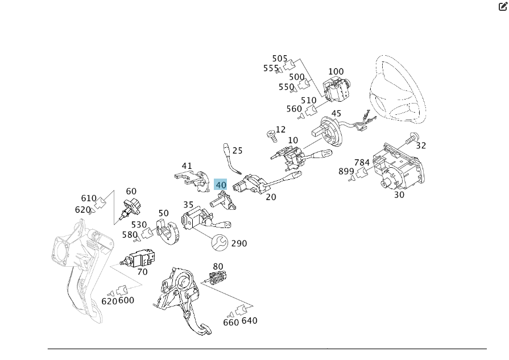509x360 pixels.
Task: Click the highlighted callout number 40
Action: [x=221, y=185]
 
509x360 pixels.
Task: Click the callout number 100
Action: [x=336, y=72]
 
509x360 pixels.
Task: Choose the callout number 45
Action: [x=336, y=114]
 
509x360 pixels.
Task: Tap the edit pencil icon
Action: [x=503, y=7]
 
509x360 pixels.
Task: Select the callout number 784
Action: [x=362, y=163]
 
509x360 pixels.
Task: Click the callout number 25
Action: [x=237, y=151]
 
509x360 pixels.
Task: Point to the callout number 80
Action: [x=218, y=266]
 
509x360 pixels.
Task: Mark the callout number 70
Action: [x=142, y=272]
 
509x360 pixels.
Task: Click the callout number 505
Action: [x=280, y=59]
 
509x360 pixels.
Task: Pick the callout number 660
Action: [x=231, y=322]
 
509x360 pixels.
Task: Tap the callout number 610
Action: [x=89, y=198]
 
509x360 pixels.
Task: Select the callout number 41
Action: [x=187, y=166]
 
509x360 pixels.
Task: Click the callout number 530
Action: [x=139, y=225]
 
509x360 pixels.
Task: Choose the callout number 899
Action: [x=346, y=171]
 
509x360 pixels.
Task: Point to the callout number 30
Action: [x=399, y=194]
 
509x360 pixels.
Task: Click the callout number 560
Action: [x=294, y=109]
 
